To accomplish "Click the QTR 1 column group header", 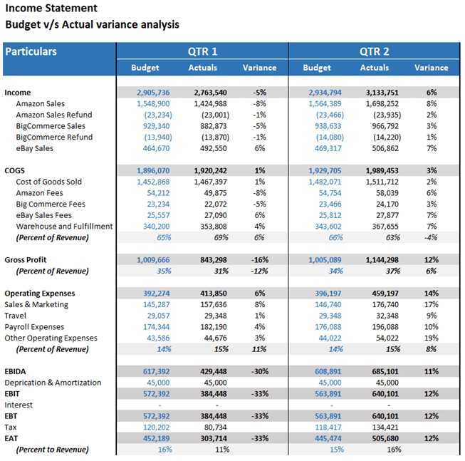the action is pos(202,51).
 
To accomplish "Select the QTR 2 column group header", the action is pos(375,51).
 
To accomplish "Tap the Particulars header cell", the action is pos(31,51).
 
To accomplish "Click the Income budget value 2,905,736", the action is pos(153,93).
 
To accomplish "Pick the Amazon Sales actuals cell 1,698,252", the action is pos(382,104).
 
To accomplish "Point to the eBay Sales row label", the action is pos(34,148).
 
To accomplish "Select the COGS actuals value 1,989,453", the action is pos(382,171).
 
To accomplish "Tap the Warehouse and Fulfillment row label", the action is pos(64,227).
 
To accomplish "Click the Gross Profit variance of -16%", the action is pos(260,260).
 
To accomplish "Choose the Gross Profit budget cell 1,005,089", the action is pos(325,260).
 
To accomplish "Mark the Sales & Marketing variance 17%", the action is pos(432,305).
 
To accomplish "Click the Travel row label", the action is pos(16,316).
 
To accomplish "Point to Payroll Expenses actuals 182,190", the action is pos(214,327).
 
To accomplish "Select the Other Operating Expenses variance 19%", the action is pos(432,338).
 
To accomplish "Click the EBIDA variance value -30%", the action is pos(260,371).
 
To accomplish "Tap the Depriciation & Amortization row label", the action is pos(53,383).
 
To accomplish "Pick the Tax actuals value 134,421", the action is pos(385,428).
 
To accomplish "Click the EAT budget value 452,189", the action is pos(156,438).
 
